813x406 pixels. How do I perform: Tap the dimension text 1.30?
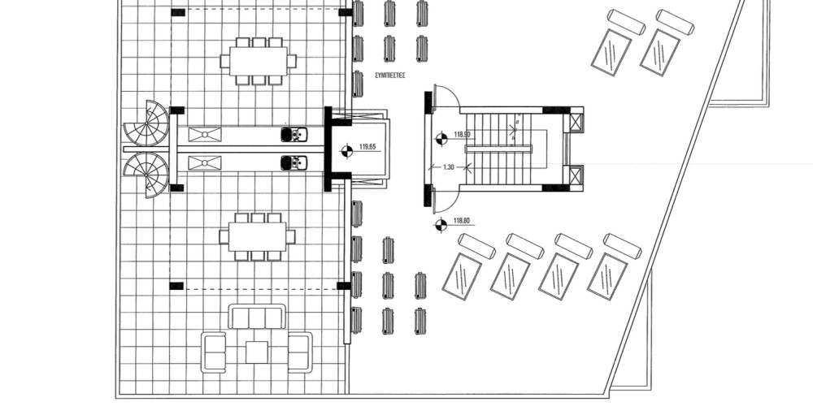pyautogui.click(x=448, y=167)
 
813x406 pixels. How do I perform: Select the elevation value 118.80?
pyautogui.click(x=463, y=220)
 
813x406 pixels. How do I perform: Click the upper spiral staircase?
pyautogui.click(x=148, y=123)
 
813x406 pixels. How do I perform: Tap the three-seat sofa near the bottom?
pyautogui.click(x=257, y=316)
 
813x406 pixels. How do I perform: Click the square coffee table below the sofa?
pyautogui.click(x=257, y=352)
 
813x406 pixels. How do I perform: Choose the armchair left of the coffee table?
pyautogui.click(x=214, y=352)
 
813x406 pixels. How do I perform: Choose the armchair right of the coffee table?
pyautogui.click(x=300, y=352)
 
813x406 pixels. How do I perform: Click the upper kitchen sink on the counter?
pyautogui.click(x=294, y=134)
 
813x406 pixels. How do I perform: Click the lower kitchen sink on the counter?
pyautogui.click(x=294, y=163)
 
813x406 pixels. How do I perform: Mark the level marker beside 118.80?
pyautogui.click(x=441, y=224)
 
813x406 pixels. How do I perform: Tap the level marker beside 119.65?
pyautogui.click(x=346, y=150)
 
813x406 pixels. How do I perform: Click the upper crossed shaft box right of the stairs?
pyautogui.click(x=576, y=123)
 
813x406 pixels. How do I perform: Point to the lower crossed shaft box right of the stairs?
pyautogui.click(x=576, y=175)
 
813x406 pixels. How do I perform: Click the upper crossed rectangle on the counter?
pyautogui.click(x=205, y=135)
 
